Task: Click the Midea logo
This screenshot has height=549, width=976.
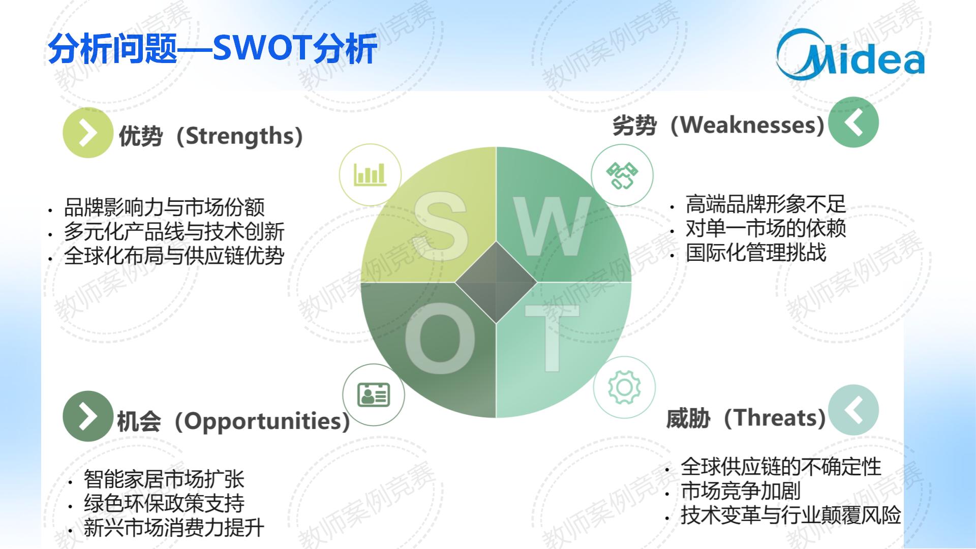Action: [x=850, y=55]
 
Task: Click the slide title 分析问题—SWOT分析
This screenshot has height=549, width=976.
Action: [x=212, y=49]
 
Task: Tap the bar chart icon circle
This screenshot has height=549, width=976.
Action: [x=370, y=174]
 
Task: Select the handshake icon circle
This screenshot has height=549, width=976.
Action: [x=622, y=175]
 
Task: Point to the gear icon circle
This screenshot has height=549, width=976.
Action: [x=624, y=387]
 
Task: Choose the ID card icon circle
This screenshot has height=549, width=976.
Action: [x=374, y=394]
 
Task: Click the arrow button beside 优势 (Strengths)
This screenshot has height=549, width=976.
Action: [x=88, y=133]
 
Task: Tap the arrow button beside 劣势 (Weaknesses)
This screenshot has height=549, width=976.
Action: [x=853, y=122]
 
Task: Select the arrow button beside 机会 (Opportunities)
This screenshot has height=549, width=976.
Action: [x=88, y=416]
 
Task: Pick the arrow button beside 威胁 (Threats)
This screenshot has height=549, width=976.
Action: [x=853, y=410]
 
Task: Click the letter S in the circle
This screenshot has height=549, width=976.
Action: [x=440, y=226]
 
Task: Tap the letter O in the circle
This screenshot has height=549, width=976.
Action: [x=440, y=338]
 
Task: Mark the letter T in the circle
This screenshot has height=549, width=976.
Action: [x=552, y=338]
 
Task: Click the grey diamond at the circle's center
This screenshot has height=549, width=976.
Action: [x=496, y=282]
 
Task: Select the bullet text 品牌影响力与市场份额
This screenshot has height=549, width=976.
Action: [x=164, y=207]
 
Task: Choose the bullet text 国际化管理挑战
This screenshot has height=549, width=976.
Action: [x=756, y=253]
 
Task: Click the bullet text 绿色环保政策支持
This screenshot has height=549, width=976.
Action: [x=164, y=503]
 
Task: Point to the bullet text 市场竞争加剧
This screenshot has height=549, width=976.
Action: [x=741, y=491]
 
